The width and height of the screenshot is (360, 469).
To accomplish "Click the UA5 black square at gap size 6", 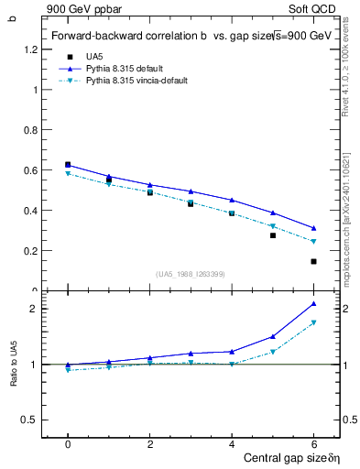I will (313, 261).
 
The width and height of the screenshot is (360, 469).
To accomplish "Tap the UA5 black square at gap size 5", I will (273, 235).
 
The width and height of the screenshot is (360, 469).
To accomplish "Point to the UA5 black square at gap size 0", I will (68, 165).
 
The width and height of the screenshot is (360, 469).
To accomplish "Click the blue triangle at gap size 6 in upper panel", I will (313, 228).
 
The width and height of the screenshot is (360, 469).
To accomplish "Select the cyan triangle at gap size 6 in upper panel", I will (313, 242).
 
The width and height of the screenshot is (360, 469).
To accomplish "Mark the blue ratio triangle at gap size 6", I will (313, 303).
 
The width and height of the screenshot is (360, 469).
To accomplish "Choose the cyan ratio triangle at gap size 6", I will (313, 322).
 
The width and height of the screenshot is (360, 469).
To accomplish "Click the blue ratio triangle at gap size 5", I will (273, 336).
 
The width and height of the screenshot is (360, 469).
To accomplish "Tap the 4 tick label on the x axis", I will (232, 443).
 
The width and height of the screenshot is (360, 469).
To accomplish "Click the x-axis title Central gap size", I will (281, 457).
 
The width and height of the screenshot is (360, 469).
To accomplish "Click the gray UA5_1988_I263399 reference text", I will (191, 274).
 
